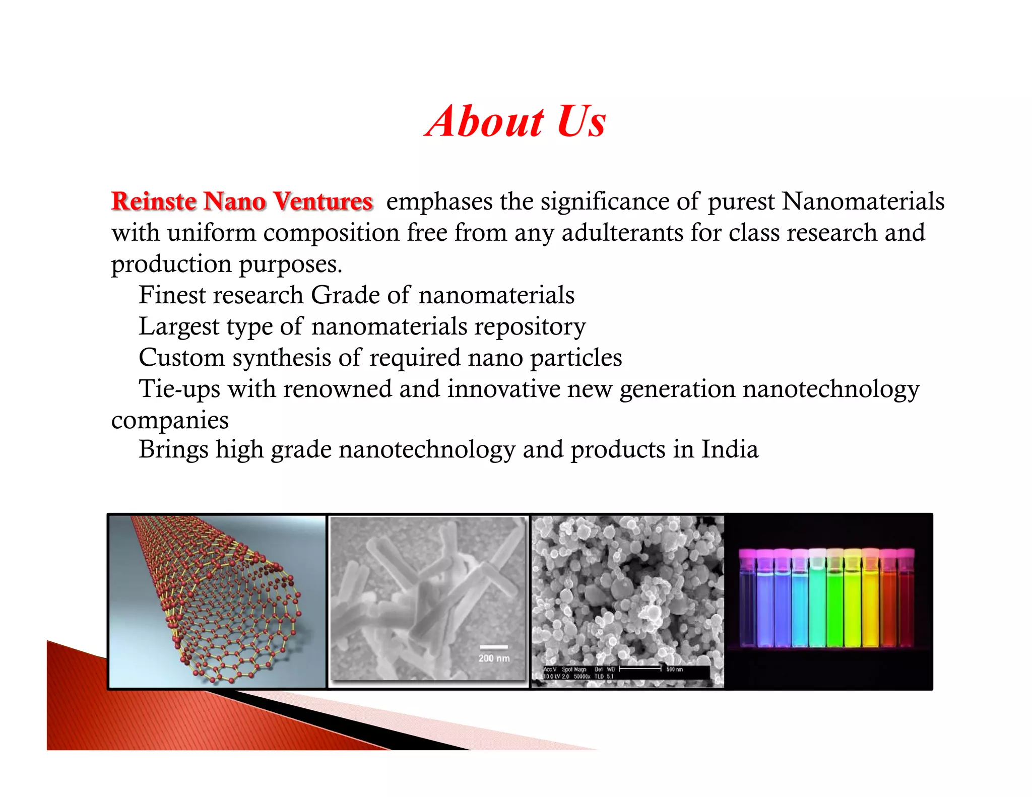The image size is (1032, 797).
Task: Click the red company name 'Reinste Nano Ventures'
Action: tap(242, 202)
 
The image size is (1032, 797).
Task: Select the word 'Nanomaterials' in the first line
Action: tap(863, 202)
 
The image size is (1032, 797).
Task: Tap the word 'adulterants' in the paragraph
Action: tap(622, 233)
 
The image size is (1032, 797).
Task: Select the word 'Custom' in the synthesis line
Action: tap(181, 358)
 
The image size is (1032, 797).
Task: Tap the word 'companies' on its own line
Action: tap(170, 421)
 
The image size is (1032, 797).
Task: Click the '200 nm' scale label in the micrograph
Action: tap(494, 658)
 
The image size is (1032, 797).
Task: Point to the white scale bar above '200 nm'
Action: tap(494, 647)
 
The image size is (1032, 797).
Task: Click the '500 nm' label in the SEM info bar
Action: tap(674, 669)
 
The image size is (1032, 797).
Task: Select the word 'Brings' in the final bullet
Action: tap(173, 450)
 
